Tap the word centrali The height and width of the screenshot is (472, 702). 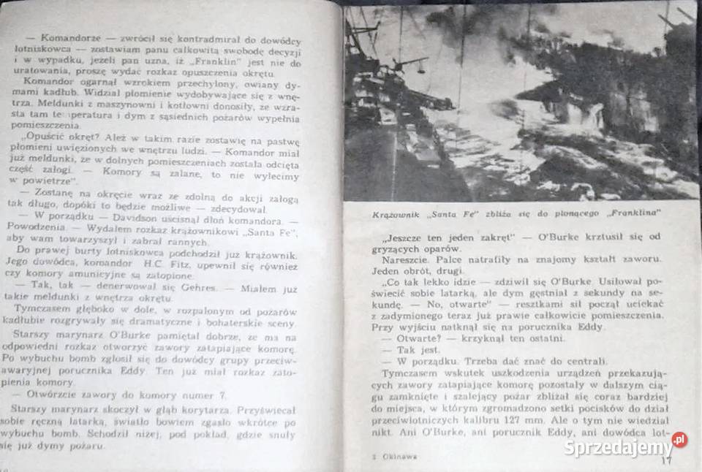(583, 363)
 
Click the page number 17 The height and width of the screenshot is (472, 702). (665, 460)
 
